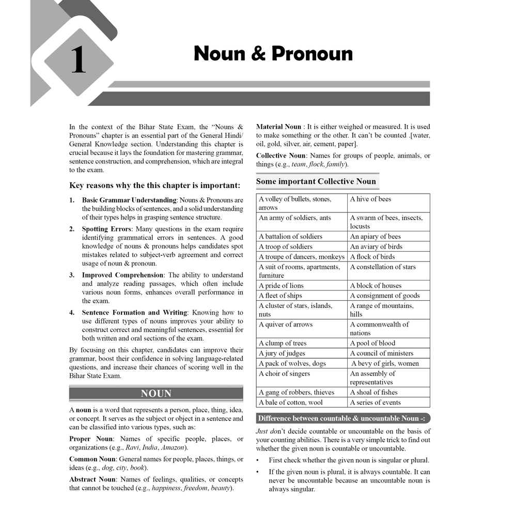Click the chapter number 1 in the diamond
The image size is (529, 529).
coord(78,60)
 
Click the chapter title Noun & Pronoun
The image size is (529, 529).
coord(273,54)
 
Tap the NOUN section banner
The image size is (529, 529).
coord(156,394)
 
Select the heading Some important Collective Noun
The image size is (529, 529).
coord(316,181)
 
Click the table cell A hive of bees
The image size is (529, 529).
coord(370,199)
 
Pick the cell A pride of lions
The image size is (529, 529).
coord(281,286)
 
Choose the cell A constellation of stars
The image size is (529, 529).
coord(382,267)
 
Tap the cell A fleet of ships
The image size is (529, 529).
coord(281,295)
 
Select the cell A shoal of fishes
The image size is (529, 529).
coord(374,392)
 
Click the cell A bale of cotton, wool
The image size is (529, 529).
coord(290,402)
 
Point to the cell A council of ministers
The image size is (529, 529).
coord(381,353)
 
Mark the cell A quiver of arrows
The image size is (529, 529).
coord(285,324)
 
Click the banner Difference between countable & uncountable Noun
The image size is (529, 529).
coord(341,418)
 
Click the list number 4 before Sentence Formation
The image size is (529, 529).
coord(72,313)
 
